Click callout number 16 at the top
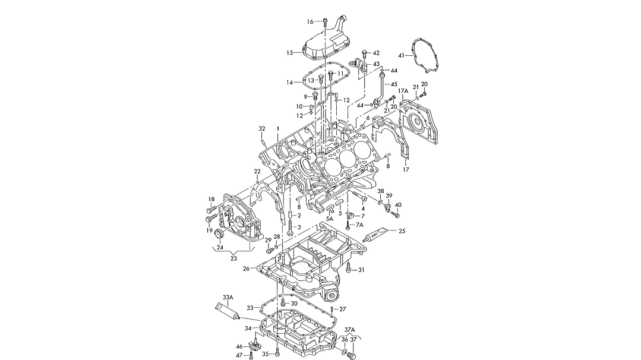pos(310,22)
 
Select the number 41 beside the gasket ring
pos(401,55)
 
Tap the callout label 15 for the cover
pos(290,53)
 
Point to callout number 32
pos(261,128)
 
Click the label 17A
pos(403,91)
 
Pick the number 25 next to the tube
pos(402,231)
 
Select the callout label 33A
pos(228,296)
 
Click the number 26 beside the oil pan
pos(246,269)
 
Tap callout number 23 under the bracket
pos(233,258)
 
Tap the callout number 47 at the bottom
pos(239,355)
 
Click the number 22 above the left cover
pos(257,172)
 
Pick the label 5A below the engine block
pos(329,219)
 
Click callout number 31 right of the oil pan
pos(361,270)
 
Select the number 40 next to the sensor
pos(398,205)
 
